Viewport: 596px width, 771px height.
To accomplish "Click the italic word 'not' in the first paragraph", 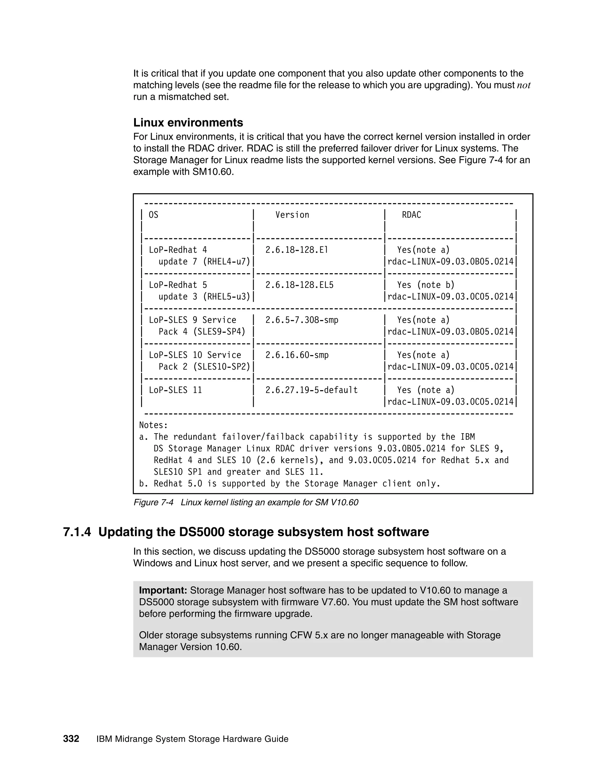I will point(523,86).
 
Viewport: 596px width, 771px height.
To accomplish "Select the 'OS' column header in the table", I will point(153,215).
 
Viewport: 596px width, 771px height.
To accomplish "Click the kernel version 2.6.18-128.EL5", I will point(299,285).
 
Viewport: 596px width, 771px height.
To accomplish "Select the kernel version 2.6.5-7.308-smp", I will point(301,320).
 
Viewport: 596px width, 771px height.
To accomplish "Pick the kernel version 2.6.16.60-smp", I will point(297,355).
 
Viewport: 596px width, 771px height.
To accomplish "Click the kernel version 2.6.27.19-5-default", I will point(311,390).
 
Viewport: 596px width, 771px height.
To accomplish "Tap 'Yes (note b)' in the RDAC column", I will point(425,285).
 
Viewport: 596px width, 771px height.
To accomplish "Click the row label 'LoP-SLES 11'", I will point(175,390).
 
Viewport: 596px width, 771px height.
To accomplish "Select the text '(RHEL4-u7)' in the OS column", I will point(226,262).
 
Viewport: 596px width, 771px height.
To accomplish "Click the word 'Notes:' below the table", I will point(153,425).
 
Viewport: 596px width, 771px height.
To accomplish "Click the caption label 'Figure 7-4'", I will point(153,502).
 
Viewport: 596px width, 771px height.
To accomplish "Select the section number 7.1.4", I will point(77,532).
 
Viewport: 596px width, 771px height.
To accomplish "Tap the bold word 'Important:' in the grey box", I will point(163,590).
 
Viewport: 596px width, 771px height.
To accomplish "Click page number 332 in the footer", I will point(71,739).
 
